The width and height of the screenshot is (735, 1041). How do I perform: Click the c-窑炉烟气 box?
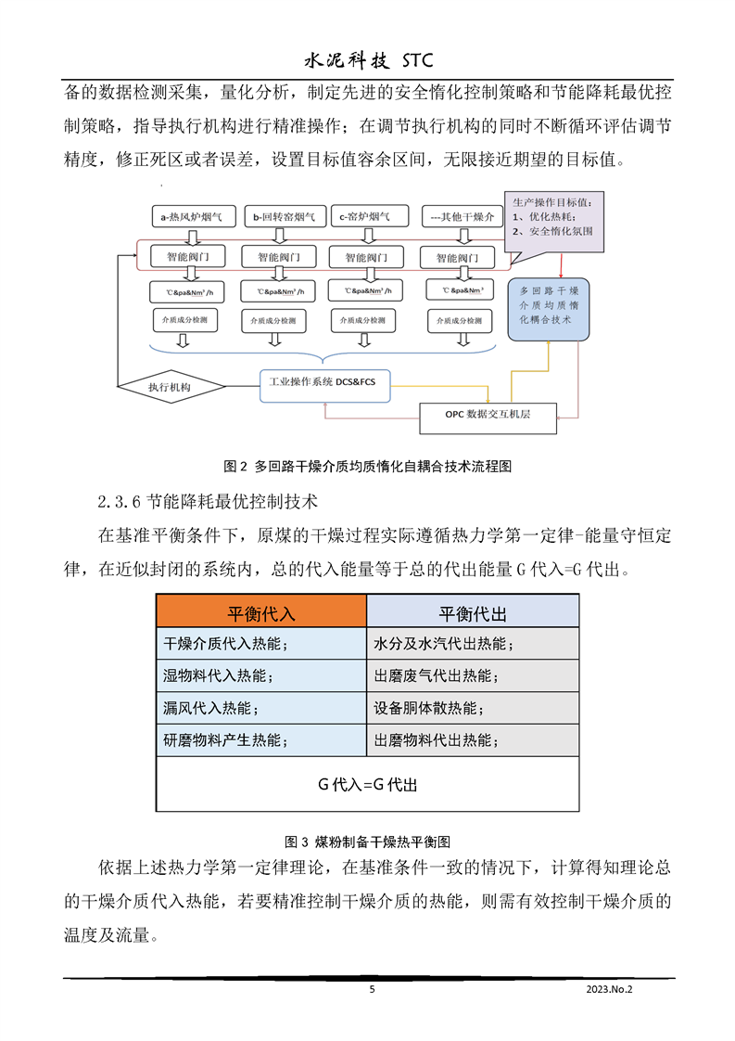point(369,218)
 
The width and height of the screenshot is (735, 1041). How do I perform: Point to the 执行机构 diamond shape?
point(171,386)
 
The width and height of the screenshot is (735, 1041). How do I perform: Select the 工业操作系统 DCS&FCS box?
point(325,382)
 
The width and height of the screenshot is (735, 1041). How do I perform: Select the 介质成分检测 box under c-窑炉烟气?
point(364,321)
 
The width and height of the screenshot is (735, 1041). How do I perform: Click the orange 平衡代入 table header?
point(261,614)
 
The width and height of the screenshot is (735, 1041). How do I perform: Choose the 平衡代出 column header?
point(473,614)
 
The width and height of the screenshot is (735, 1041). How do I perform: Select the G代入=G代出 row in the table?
point(368,785)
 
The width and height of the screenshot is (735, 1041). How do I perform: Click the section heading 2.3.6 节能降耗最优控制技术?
point(208,503)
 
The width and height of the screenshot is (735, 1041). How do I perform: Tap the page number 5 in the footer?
point(373,990)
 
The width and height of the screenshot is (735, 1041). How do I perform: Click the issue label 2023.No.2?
point(608,990)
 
